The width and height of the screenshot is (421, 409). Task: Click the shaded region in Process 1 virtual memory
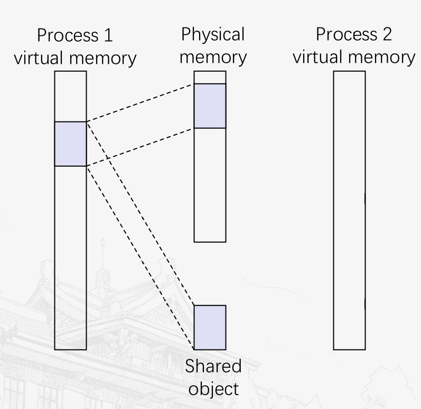(x=70, y=144)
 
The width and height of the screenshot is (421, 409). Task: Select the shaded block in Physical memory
(x=210, y=106)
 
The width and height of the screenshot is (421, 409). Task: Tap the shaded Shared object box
(x=210, y=327)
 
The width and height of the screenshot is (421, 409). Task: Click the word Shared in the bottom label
(x=213, y=367)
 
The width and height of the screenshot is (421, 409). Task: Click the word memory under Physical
(x=213, y=56)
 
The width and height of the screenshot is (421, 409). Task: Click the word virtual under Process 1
(x=39, y=58)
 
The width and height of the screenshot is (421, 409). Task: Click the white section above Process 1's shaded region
(x=70, y=96)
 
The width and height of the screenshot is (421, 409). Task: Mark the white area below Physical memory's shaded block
(x=210, y=185)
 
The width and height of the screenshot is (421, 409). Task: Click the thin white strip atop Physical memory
(x=210, y=77)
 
